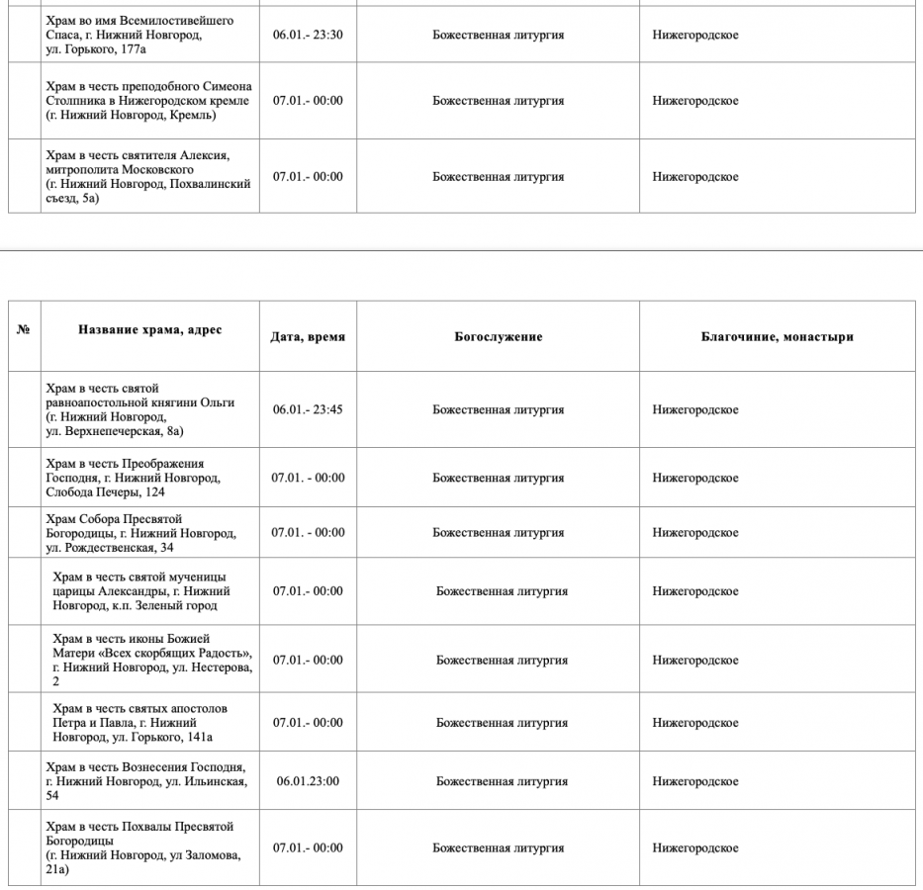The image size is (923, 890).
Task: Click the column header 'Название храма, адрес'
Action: click(x=150, y=330)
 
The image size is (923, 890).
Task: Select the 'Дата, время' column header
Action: click(x=308, y=337)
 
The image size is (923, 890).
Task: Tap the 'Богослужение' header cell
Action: click(x=498, y=337)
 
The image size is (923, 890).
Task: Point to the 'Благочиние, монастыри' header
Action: click(x=777, y=337)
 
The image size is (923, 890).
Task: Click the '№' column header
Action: click(x=24, y=330)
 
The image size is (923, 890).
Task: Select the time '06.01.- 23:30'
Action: click(x=308, y=36)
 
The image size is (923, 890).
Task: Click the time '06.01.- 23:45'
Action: click(x=308, y=409)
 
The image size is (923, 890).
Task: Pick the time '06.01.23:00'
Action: click(x=308, y=781)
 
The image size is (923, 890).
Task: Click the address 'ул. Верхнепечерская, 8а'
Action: click(x=115, y=430)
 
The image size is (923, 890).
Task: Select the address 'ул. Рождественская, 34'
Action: click(x=110, y=547)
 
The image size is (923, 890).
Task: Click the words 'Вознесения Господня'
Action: click(x=184, y=767)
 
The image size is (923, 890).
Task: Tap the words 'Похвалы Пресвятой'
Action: click(x=178, y=827)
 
